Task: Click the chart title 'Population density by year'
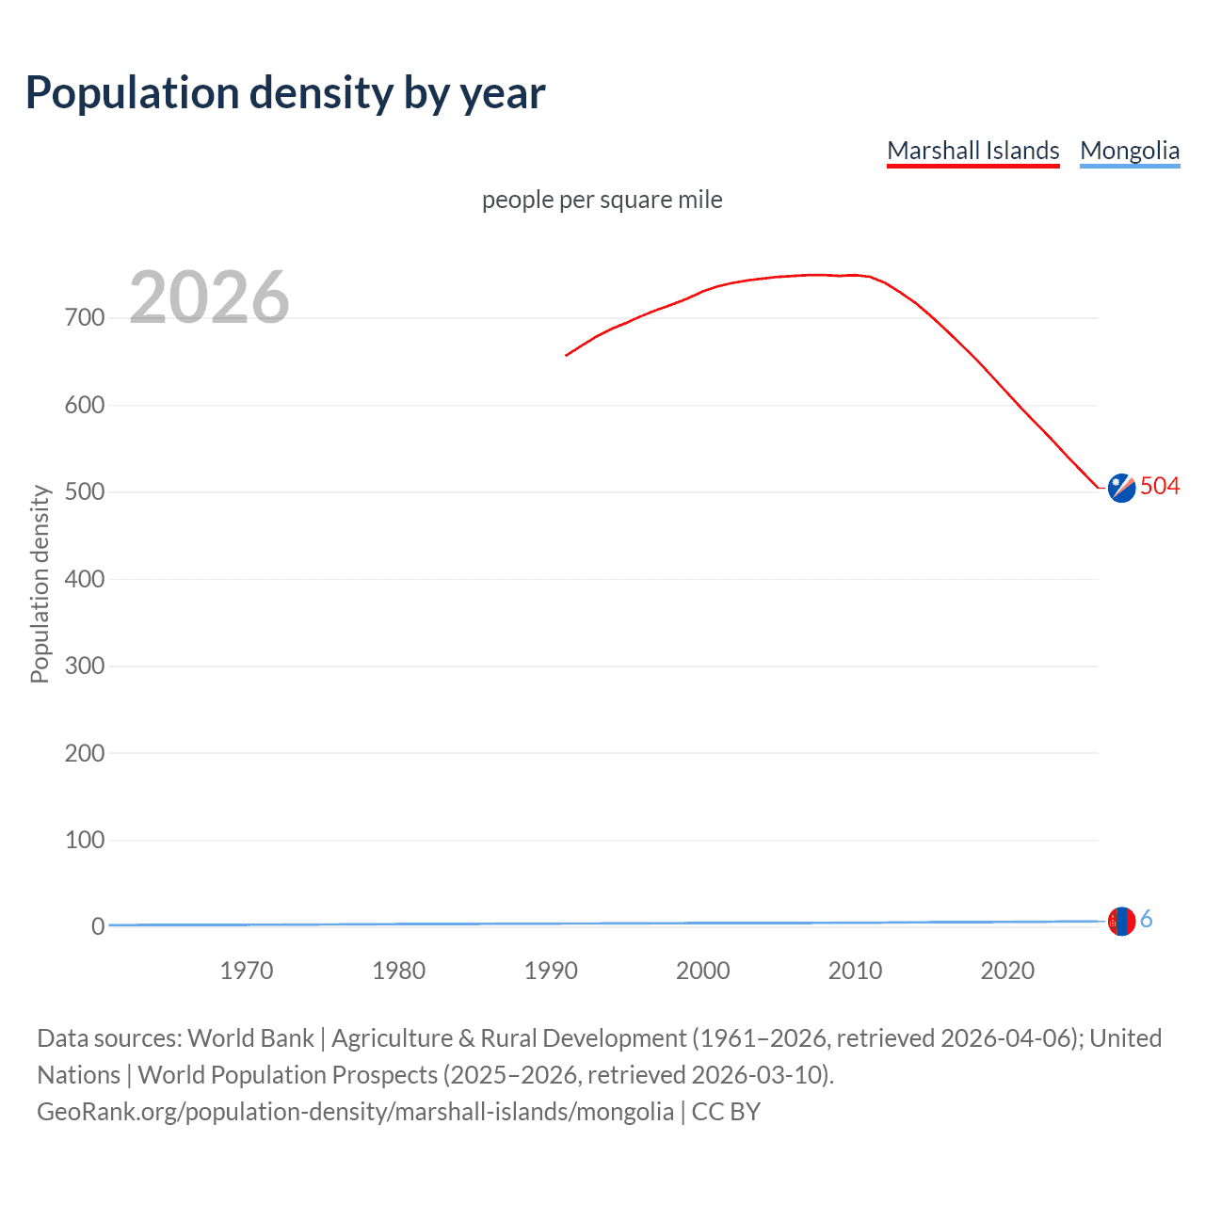tap(285, 92)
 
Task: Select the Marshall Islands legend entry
tap(972, 151)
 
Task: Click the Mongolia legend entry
tap(1129, 151)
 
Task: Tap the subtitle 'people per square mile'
tap(602, 200)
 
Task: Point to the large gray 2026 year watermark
tap(209, 297)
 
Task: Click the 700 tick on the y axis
tap(85, 318)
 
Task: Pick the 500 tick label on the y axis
tap(85, 492)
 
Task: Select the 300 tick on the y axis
tap(85, 667)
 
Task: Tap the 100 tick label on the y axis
tap(85, 840)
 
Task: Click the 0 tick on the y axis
tap(97, 926)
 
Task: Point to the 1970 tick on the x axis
tap(247, 971)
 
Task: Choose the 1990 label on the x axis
tap(551, 971)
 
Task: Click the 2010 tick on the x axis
tap(855, 971)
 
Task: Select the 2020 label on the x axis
tap(1007, 971)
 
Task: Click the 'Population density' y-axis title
tap(40, 584)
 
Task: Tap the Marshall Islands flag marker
tap(1121, 488)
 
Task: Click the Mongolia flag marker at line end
tap(1121, 921)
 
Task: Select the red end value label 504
tap(1160, 486)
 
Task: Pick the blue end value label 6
tap(1146, 920)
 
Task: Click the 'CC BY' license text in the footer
tap(726, 1112)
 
